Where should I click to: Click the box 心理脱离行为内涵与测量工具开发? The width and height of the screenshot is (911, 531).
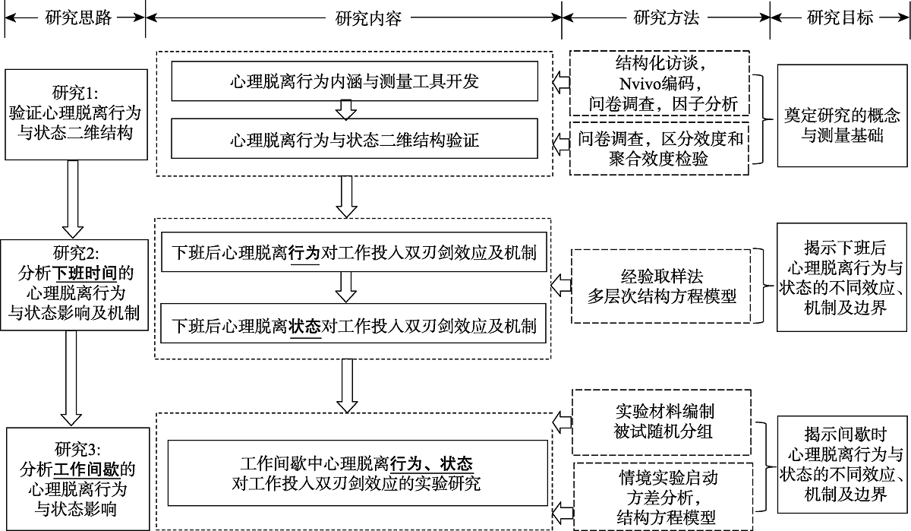click(x=355, y=81)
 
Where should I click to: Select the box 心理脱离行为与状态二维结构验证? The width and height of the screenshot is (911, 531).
click(x=355, y=140)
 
